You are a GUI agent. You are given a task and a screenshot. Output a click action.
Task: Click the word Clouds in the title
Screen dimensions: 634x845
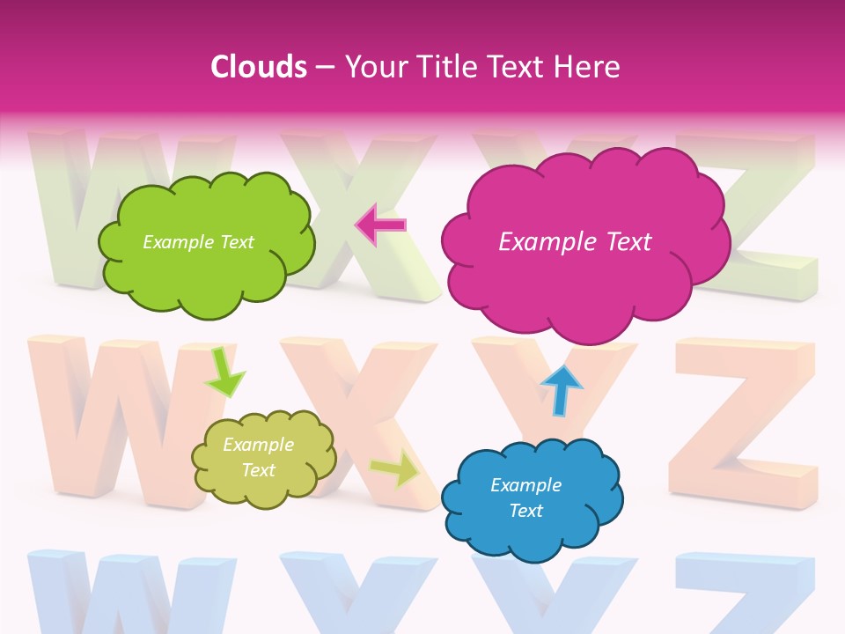tap(259, 67)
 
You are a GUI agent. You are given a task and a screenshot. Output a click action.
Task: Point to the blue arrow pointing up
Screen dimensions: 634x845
tap(561, 390)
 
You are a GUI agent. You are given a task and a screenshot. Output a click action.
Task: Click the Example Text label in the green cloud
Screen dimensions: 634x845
tap(198, 242)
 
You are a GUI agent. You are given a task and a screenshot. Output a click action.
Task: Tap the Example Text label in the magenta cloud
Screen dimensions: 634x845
tap(575, 242)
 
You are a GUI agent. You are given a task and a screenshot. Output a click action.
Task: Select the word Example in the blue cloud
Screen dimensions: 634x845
tap(525, 485)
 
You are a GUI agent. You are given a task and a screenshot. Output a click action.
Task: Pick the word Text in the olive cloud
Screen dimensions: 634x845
tap(258, 470)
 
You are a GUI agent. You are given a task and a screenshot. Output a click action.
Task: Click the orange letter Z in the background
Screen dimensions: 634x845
tap(744, 423)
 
